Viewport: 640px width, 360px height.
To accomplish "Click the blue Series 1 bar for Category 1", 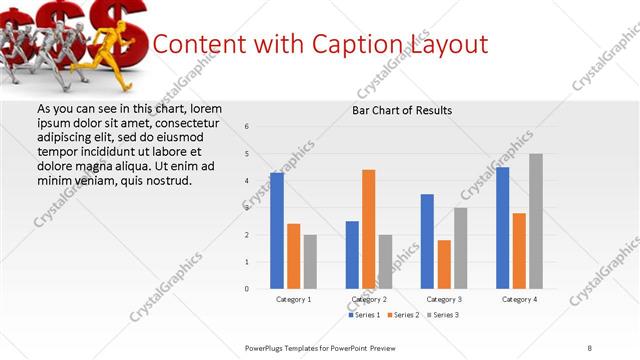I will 277,231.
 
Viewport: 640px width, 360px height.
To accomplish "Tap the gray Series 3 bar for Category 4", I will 536,221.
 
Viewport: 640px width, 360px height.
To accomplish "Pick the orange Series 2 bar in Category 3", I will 444,264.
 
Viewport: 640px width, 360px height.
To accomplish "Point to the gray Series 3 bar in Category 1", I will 310,262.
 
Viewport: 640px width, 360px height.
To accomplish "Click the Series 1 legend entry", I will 364,315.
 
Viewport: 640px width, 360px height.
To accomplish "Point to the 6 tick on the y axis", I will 247,126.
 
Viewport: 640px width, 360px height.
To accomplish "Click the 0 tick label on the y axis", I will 247,289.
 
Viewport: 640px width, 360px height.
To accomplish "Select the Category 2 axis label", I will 369,299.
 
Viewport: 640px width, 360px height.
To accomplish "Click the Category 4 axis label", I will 519,299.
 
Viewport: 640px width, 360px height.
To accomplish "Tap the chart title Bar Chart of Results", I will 402,110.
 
